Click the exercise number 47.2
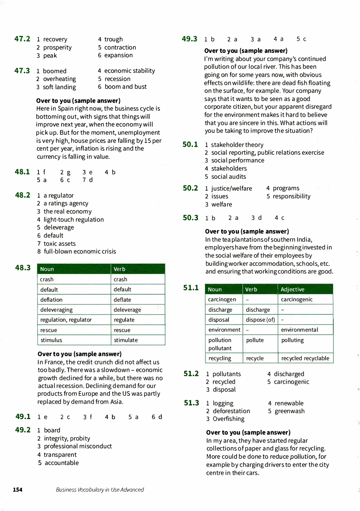click(22, 39)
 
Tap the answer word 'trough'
click(113, 39)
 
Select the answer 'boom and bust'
click(126, 87)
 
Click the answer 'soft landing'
click(59, 87)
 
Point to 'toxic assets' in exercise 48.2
click(59, 244)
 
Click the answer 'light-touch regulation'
click(73, 220)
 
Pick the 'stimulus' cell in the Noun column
click(51, 340)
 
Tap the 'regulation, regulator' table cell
click(66, 320)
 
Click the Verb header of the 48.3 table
click(119, 269)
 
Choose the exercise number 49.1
click(23, 417)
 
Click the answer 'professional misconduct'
click(78, 446)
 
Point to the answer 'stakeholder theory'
click(237, 145)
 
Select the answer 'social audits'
click(229, 177)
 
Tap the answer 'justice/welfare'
click(231, 188)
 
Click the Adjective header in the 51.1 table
click(293, 289)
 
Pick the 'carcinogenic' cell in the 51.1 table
click(297, 299)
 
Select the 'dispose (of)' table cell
click(260, 320)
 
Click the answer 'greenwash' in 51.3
click(290, 411)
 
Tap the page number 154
click(18, 490)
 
